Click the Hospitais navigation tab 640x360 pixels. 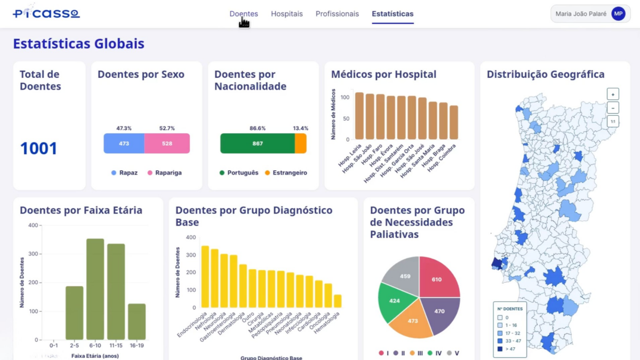[x=286, y=14]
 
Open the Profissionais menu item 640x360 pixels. [x=337, y=14]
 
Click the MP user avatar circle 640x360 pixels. [x=618, y=14]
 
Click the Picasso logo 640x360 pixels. [x=46, y=13]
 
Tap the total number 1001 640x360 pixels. [x=38, y=149]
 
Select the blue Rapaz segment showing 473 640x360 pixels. [x=124, y=143]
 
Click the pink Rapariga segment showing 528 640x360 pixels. [x=167, y=143]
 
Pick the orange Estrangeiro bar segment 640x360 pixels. [x=301, y=143]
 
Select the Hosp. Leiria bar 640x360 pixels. [x=359, y=116]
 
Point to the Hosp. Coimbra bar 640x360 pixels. [x=454, y=123]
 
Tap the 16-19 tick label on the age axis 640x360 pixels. [x=137, y=346]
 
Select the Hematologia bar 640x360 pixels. [x=337, y=301]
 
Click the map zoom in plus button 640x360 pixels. [x=613, y=94]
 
